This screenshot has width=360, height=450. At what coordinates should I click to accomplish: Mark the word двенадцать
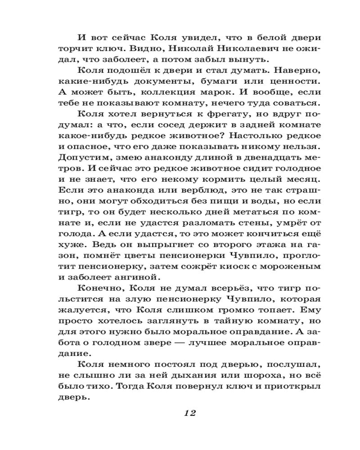(x=263, y=157)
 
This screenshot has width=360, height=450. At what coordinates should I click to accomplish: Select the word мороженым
(x=294, y=266)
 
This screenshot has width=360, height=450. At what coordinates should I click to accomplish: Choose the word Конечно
(x=97, y=289)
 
